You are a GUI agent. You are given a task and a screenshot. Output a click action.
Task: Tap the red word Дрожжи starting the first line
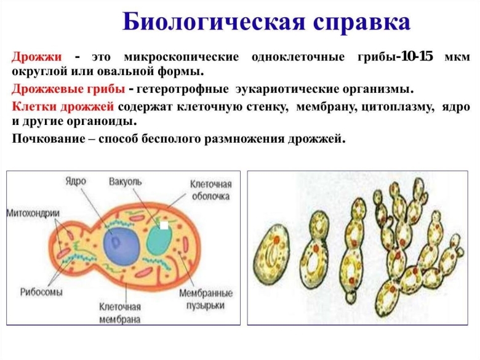pyautogui.click(x=36, y=58)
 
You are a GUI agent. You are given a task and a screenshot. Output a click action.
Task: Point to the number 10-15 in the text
pyautogui.click(x=417, y=57)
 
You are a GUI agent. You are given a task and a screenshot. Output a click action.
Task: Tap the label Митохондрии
pyautogui.click(x=33, y=213)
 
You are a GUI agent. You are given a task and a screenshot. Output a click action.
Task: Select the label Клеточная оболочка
pyautogui.click(x=210, y=190)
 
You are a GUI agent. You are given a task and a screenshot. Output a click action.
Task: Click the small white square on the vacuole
pyautogui.click(x=164, y=226)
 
